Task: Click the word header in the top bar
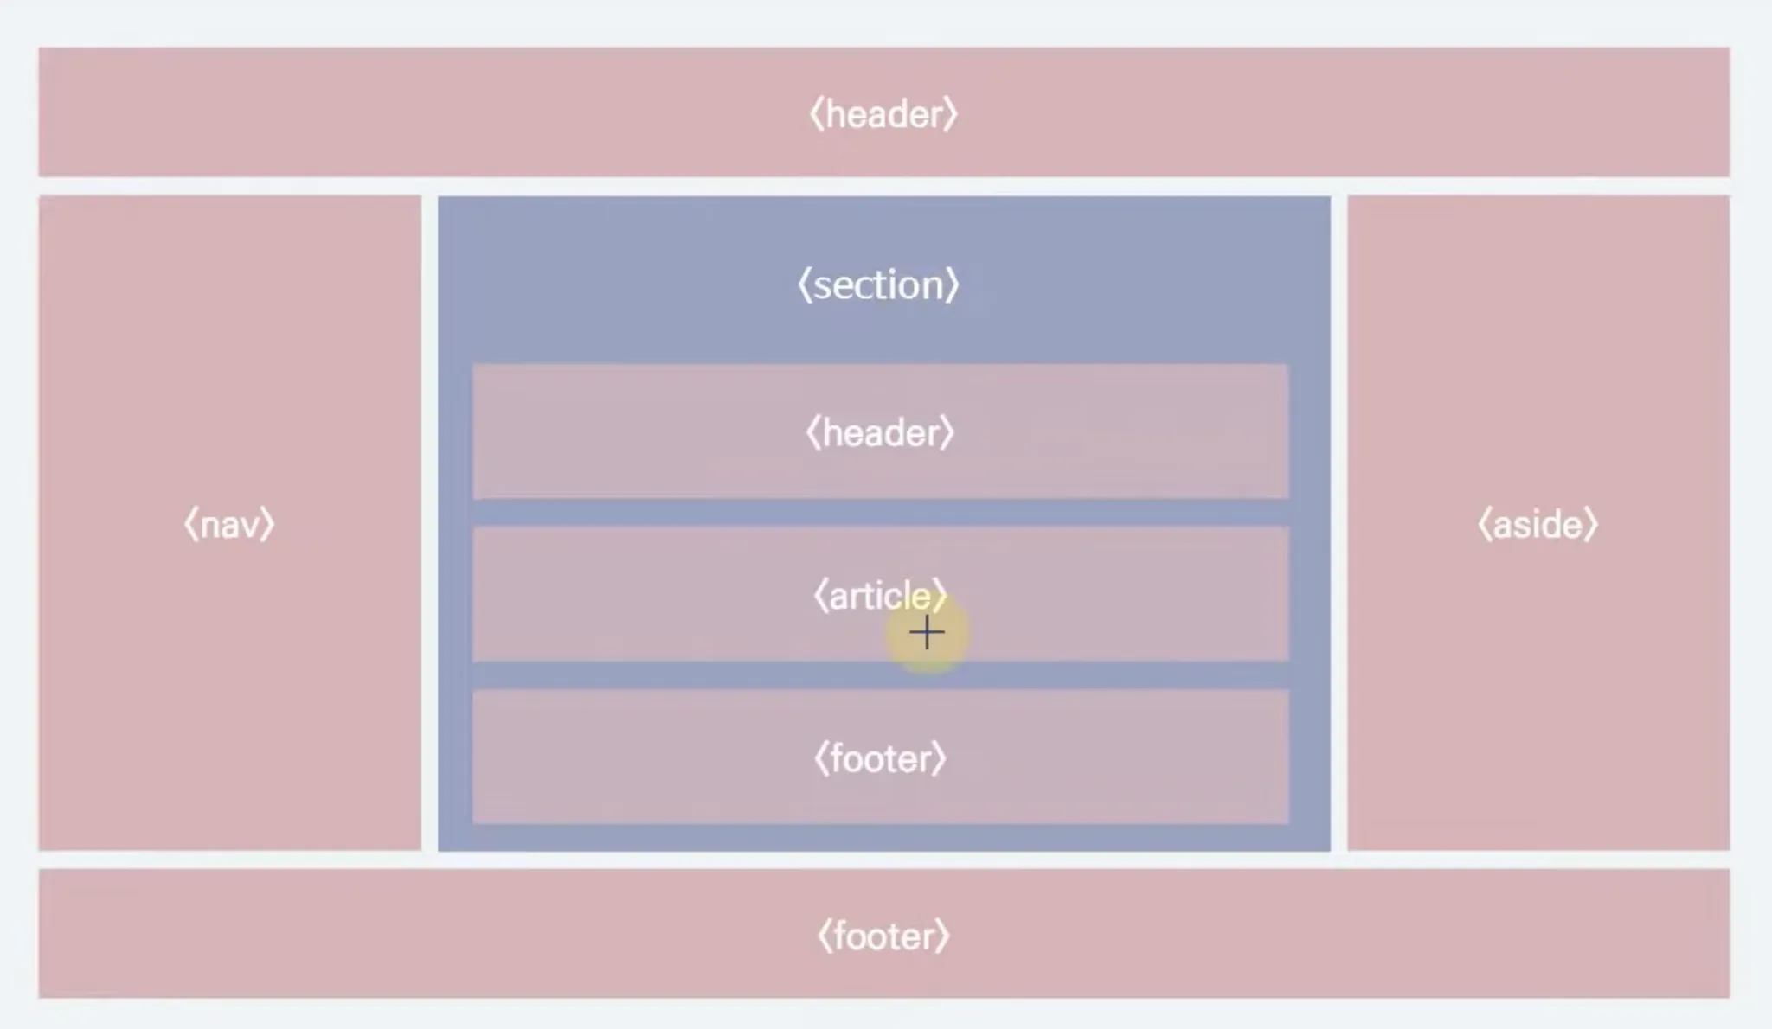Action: click(x=883, y=114)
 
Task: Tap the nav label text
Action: click(x=229, y=525)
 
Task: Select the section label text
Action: click(x=878, y=285)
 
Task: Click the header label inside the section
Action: click(x=880, y=433)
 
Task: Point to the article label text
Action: click(x=879, y=596)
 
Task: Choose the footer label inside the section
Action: click(x=880, y=758)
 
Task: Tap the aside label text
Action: click(x=1538, y=525)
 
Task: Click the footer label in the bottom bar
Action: click(x=883, y=936)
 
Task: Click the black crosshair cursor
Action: click(x=927, y=633)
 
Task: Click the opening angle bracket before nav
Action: click(x=190, y=525)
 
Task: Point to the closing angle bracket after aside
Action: click(x=1592, y=525)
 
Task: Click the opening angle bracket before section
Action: click(x=804, y=285)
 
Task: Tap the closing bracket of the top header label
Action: click(x=951, y=114)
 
